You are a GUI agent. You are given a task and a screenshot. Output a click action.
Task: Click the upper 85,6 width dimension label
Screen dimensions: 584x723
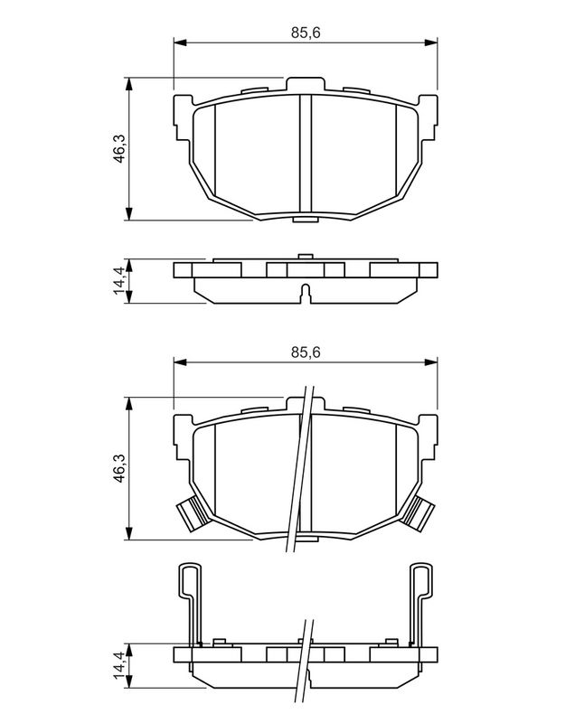pyautogui.click(x=306, y=33)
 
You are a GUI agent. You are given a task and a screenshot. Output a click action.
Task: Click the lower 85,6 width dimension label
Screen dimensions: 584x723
pyautogui.click(x=306, y=352)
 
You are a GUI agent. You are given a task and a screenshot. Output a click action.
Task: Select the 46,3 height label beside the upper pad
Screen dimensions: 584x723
pyautogui.click(x=120, y=148)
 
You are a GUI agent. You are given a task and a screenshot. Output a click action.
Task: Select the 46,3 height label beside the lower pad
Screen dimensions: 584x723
pyautogui.click(x=120, y=468)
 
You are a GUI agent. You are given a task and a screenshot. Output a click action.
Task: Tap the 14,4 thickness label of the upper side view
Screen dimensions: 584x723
pyautogui.click(x=120, y=280)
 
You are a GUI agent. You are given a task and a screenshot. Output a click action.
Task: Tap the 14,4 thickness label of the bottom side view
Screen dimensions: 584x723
pyautogui.click(x=120, y=665)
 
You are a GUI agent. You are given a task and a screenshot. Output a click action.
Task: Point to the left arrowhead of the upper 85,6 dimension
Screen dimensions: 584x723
pyautogui.click(x=179, y=42)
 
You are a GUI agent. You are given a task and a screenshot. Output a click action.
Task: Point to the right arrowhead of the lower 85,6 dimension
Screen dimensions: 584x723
pyautogui.click(x=431, y=362)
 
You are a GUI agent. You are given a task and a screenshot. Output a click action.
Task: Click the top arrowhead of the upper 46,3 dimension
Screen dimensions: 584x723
pyautogui.click(x=129, y=84)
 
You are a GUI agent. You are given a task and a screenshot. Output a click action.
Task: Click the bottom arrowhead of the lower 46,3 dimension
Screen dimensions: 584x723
pyautogui.click(x=129, y=533)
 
